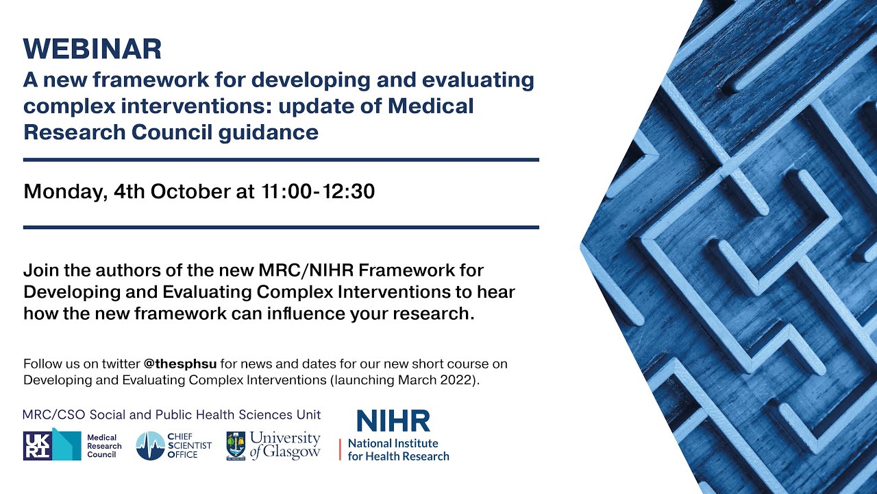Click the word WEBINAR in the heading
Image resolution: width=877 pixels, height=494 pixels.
pos(92,49)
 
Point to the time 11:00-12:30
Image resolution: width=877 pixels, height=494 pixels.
pos(318,191)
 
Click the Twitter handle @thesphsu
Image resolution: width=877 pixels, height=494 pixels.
pos(180,364)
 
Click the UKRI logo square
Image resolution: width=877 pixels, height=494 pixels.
pos(37,445)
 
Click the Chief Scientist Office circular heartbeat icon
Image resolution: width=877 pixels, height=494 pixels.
pos(150,446)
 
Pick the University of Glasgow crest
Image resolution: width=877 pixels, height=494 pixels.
pos(236,446)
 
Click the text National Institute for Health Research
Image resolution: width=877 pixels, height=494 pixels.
pos(398,449)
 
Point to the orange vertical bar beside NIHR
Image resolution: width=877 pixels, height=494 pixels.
pos(340,449)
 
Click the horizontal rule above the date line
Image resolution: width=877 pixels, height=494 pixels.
pos(281,159)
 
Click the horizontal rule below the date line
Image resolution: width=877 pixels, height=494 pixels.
pos(281,227)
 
